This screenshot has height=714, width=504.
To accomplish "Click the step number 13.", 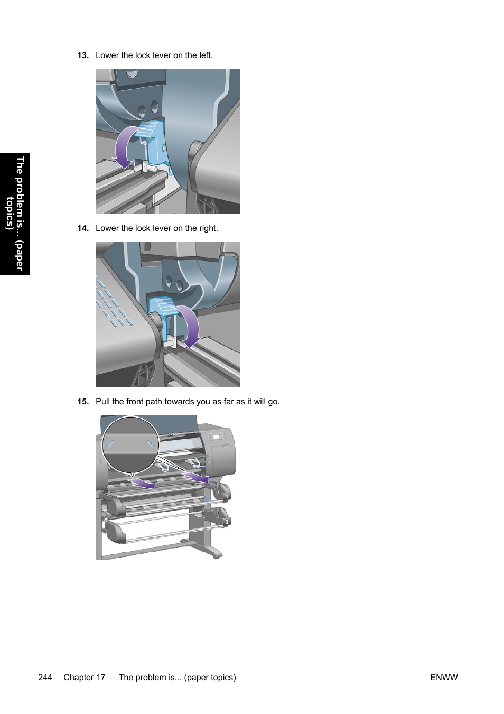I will (x=82, y=55).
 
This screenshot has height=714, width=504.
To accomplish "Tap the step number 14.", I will (x=82, y=228).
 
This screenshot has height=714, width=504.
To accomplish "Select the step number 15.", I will (x=82, y=402).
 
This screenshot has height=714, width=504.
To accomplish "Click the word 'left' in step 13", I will (x=204, y=55).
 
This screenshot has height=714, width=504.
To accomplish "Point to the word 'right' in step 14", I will (x=208, y=228).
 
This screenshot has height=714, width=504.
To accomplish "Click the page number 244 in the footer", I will (x=45, y=678).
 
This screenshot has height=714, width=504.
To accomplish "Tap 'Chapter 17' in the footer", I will (x=85, y=678).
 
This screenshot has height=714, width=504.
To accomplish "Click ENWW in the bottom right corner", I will (x=444, y=678).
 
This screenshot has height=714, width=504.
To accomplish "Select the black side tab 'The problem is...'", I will (x=15, y=214).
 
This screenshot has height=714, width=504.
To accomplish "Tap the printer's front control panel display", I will (x=216, y=437).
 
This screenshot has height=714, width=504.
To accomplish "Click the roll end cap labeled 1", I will (x=225, y=495).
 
